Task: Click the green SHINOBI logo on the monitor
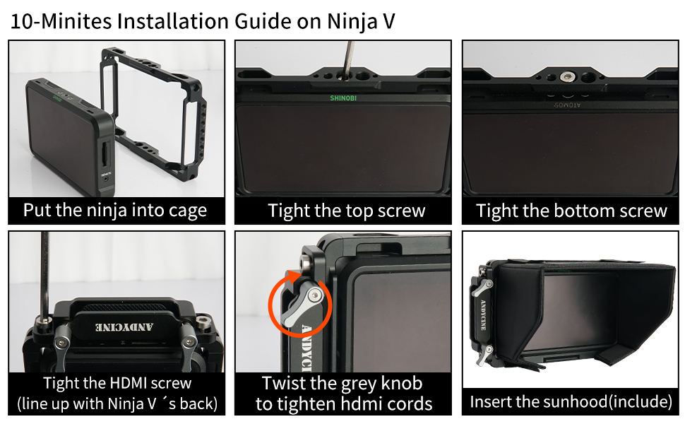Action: (343, 98)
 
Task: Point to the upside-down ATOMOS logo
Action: (568, 105)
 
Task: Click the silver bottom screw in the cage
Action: (566, 77)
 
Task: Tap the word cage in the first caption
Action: (188, 211)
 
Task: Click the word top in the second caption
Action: (360, 211)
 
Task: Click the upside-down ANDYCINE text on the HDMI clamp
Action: (124, 327)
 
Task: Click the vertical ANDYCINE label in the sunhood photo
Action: (483, 314)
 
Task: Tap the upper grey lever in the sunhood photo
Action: (482, 287)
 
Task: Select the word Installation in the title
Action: (173, 21)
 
